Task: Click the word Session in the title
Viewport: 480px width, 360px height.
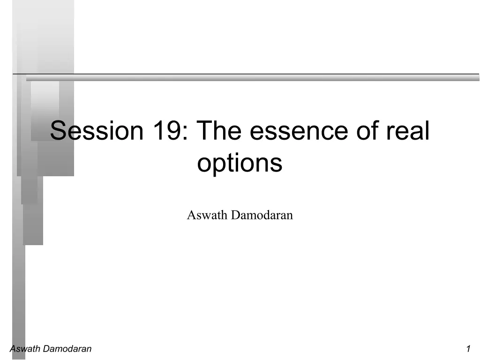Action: click(96, 131)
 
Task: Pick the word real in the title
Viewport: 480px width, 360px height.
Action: click(408, 131)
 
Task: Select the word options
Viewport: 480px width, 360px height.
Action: click(240, 164)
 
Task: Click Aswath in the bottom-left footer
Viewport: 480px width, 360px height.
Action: click(24, 348)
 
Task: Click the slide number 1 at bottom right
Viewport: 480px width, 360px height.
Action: click(468, 348)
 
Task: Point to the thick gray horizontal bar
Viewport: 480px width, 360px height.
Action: click(253, 79)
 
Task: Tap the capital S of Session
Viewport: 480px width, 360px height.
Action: click(58, 131)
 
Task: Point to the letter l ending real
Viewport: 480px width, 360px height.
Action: click(427, 131)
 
